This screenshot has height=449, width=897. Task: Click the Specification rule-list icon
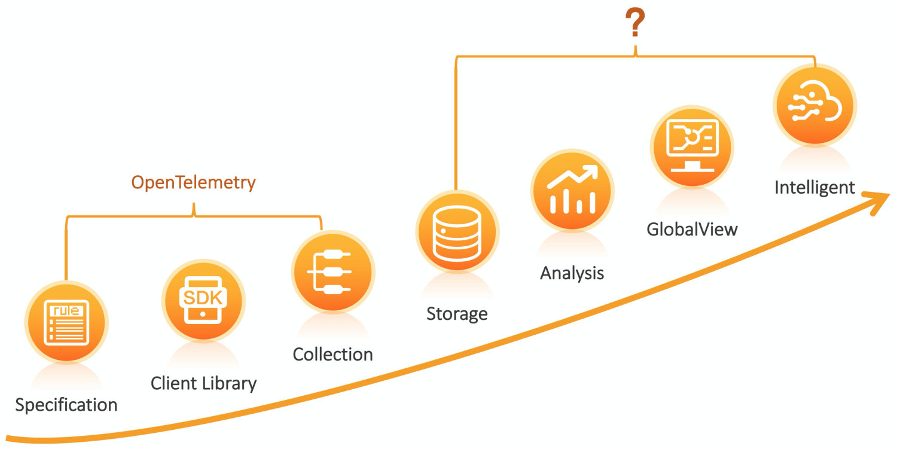pyautogui.click(x=66, y=322)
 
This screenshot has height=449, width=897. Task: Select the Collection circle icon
pyautogui.click(x=333, y=271)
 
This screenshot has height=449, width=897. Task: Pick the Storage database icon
pyautogui.click(x=457, y=231)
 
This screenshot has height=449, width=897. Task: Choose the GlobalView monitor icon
pyautogui.click(x=692, y=147)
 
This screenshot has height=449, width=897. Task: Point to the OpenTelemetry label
pyautogui.click(x=193, y=182)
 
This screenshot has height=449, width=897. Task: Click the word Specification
pyautogui.click(x=66, y=405)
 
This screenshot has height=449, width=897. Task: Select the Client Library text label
pyautogui.click(x=203, y=383)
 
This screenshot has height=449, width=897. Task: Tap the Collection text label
pyautogui.click(x=332, y=354)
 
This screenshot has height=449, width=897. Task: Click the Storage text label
pyautogui.click(x=457, y=313)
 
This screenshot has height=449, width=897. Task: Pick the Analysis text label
pyautogui.click(x=572, y=273)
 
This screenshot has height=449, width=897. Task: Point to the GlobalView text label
pyautogui.click(x=692, y=229)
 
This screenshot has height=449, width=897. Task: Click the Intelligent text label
pyautogui.click(x=814, y=187)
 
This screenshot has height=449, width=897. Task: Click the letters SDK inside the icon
pyautogui.click(x=203, y=297)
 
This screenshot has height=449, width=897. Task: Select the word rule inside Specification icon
pyautogui.click(x=66, y=310)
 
